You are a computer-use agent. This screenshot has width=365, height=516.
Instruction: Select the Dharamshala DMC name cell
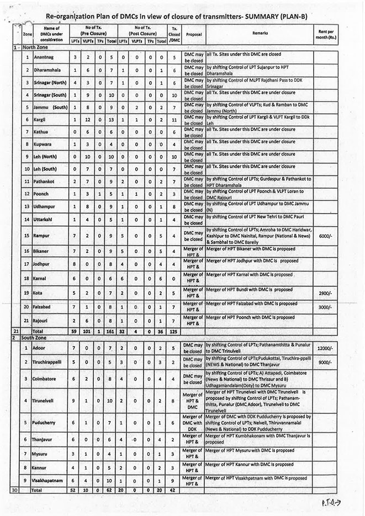(x=49, y=70)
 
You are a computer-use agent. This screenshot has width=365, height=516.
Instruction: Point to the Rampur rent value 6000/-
(x=324, y=235)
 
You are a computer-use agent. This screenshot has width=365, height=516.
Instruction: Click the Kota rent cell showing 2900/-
(x=324, y=289)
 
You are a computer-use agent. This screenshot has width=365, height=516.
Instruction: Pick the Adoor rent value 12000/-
(x=324, y=349)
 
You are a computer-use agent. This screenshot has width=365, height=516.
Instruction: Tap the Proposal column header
(x=193, y=34)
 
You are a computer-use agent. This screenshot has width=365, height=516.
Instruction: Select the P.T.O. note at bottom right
(x=332, y=504)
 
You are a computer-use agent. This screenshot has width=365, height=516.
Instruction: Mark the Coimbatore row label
(x=46, y=379)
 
